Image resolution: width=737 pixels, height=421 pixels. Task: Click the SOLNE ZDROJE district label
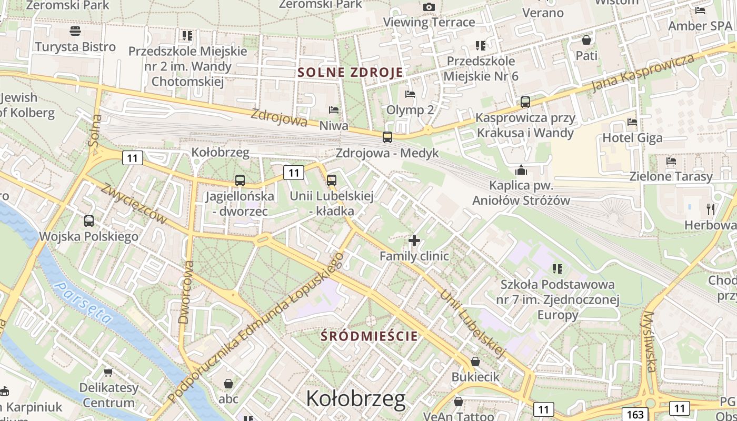click(x=351, y=72)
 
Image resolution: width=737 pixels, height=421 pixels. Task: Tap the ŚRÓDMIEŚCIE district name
click(x=370, y=336)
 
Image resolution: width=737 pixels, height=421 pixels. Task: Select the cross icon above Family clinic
click(x=414, y=240)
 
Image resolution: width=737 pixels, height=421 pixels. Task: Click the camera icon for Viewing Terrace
click(x=429, y=7)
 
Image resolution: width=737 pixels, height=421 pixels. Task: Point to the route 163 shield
click(x=635, y=414)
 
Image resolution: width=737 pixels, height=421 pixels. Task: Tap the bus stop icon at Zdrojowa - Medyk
click(x=387, y=137)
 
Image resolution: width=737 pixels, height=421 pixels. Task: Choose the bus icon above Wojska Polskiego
click(x=89, y=221)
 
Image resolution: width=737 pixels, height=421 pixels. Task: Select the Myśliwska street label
click(x=650, y=342)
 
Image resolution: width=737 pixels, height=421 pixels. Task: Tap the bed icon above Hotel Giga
click(x=632, y=122)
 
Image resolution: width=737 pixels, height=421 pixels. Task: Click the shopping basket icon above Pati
click(x=586, y=40)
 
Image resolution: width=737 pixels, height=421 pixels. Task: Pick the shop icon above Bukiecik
click(x=475, y=362)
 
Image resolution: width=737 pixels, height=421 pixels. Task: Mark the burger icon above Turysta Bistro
click(x=75, y=31)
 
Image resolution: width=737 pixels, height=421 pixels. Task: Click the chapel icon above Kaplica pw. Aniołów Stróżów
click(x=521, y=170)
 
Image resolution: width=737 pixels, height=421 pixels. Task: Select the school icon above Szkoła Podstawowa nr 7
click(x=557, y=269)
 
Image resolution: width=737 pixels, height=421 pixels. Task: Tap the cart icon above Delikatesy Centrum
click(x=108, y=372)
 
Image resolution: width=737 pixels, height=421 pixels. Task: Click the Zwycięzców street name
click(x=134, y=203)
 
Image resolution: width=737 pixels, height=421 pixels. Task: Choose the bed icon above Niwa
click(x=334, y=110)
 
